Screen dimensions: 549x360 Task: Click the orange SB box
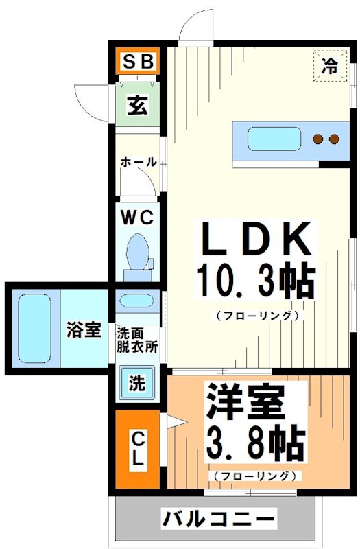137,63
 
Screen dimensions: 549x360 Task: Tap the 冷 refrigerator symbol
331,66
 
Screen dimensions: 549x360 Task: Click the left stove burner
318,139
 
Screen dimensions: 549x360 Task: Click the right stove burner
335,139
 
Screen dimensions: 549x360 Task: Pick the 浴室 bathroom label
84,330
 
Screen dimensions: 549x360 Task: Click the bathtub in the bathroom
34,329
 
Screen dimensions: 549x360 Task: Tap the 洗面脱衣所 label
137,340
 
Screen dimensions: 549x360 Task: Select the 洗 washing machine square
138,383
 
